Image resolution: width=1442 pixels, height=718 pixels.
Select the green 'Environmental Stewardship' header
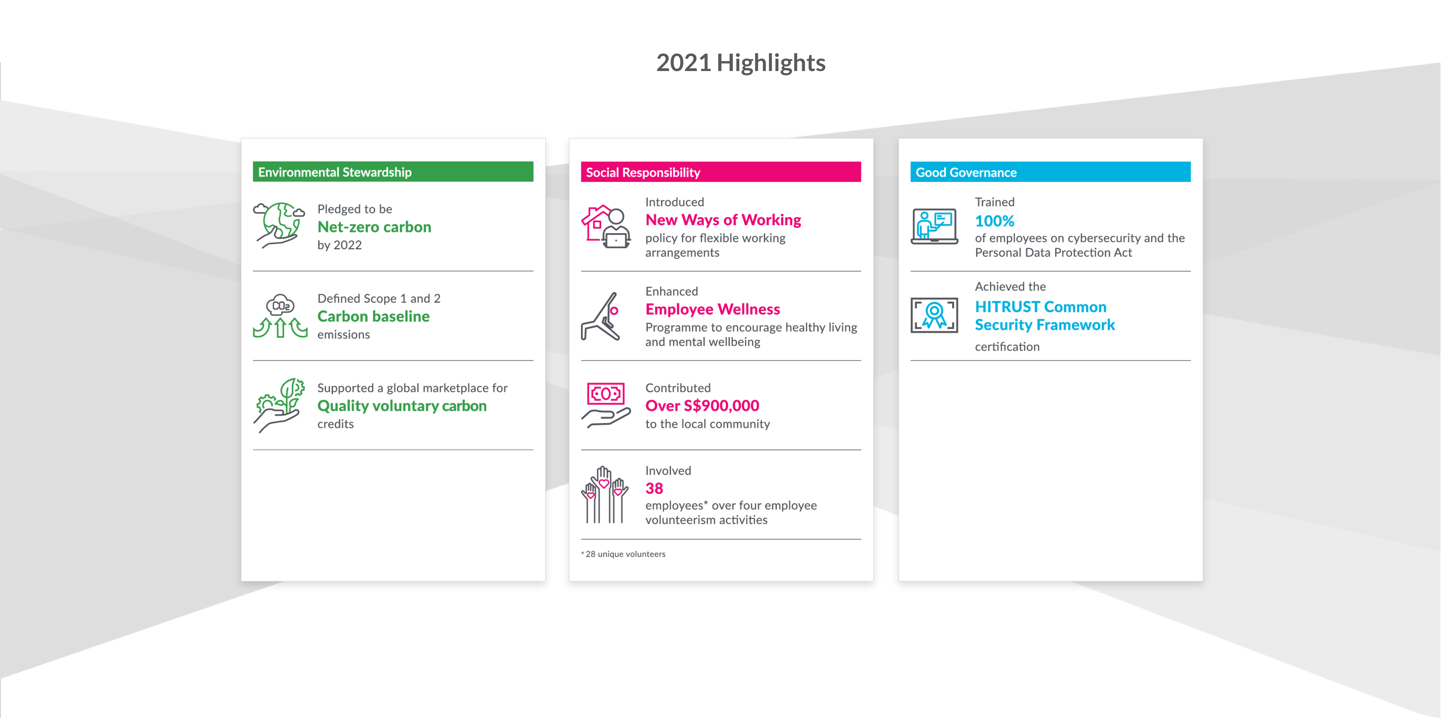[x=393, y=172]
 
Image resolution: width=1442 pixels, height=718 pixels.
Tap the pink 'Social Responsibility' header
[x=721, y=172]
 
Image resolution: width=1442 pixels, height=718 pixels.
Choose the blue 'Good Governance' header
[x=1050, y=172]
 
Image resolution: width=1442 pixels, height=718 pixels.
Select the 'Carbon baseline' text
[x=373, y=316]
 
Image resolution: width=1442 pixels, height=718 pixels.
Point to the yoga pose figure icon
[x=600, y=316]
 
